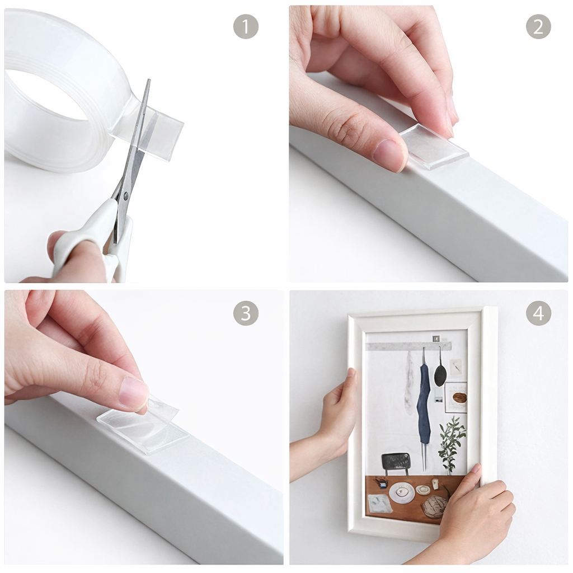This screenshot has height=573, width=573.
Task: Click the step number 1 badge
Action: tap(246, 26)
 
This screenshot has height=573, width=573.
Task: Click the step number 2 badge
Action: tap(538, 26)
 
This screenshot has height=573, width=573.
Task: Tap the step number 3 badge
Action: tap(246, 313)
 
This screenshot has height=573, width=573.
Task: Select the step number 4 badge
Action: tap(538, 313)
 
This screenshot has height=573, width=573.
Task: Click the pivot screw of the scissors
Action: tap(125, 195)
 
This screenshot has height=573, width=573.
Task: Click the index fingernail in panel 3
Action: tap(133, 393)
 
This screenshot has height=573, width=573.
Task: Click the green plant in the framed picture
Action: tap(452, 444)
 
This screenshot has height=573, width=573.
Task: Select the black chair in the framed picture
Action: tap(396, 463)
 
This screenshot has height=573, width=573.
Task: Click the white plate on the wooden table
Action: tap(401, 492)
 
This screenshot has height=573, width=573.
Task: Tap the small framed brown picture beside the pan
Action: tap(455, 397)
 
